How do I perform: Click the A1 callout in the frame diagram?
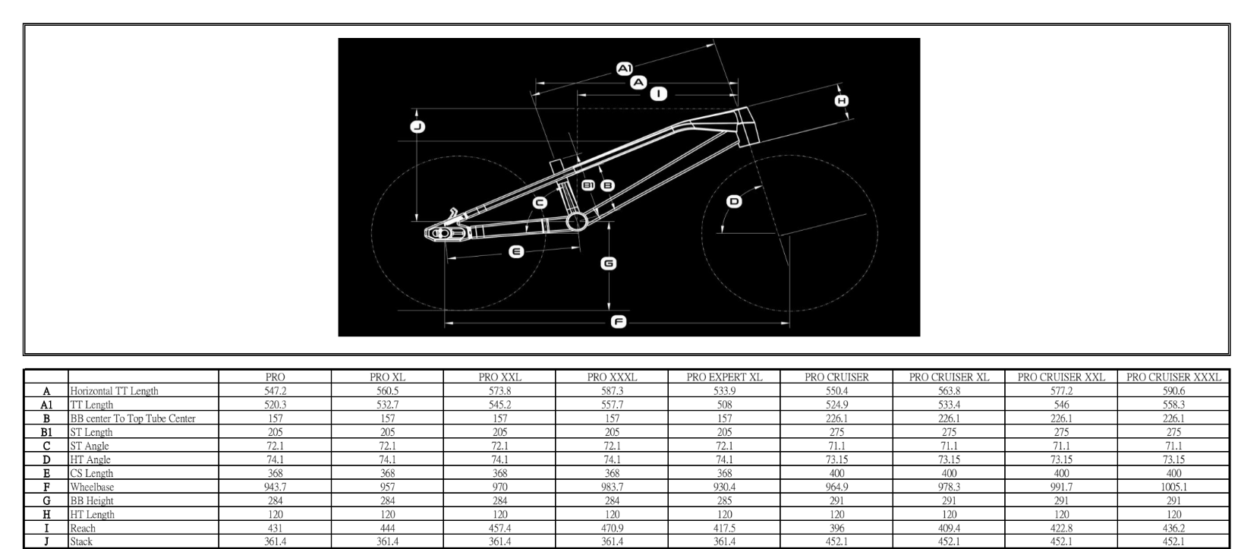pyautogui.click(x=625, y=68)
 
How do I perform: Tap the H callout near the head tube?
pyautogui.click(x=841, y=101)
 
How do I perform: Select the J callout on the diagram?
pyautogui.click(x=417, y=127)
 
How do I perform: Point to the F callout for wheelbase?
pyautogui.click(x=619, y=322)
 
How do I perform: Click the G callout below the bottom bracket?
pyautogui.click(x=609, y=263)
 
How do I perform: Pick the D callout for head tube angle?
pyautogui.click(x=734, y=201)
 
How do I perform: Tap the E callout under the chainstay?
pyautogui.click(x=516, y=252)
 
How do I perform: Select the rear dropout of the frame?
pyautogui.click(x=445, y=233)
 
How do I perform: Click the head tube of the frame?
pyautogui.click(x=746, y=126)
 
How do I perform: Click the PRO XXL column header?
pyautogui.click(x=499, y=377)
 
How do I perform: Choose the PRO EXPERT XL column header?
pyautogui.click(x=724, y=377)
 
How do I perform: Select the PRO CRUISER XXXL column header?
pyautogui.click(x=1173, y=377)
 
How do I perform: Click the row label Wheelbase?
pyautogui.click(x=92, y=487)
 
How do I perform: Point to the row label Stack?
pyautogui.click(x=81, y=542)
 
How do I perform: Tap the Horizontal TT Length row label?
pyautogui.click(x=114, y=391)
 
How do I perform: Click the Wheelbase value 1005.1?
pyautogui.click(x=1173, y=487)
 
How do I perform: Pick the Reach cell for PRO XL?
pyautogui.click(x=387, y=528)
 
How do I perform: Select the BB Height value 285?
pyautogui.click(x=724, y=501)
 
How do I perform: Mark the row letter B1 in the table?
pyautogui.click(x=46, y=432)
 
